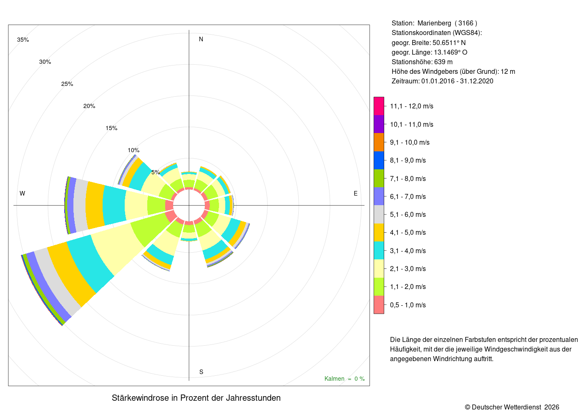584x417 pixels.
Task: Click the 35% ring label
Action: [x=23, y=40]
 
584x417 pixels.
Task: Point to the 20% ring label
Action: [x=89, y=106]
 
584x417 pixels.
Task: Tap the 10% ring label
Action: [x=133, y=151]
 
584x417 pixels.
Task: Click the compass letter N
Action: [x=201, y=39]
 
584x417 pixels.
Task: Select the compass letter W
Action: [x=23, y=193]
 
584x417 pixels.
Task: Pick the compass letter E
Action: [x=355, y=193]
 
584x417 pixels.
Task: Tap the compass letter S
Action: [x=201, y=372]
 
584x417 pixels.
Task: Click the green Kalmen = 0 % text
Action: [x=345, y=379]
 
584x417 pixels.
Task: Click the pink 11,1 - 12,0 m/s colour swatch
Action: [x=379, y=106]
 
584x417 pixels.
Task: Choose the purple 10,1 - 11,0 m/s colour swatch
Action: [x=379, y=124]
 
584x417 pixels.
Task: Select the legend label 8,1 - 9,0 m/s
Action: [x=408, y=160]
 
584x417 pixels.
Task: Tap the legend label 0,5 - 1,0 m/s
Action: [x=408, y=305]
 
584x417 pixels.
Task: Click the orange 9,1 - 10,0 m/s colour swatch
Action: [x=379, y=142]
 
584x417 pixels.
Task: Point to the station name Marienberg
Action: [x=434, y=23]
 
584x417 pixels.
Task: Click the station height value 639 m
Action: [x=443, y=62]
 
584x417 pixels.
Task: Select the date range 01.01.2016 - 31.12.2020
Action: [x=457, y=81]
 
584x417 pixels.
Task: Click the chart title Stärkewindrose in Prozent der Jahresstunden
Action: [x=196, y=398]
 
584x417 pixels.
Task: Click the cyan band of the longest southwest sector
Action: [x=90, y=263]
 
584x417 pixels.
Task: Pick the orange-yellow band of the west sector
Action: [x=95, y=205]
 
